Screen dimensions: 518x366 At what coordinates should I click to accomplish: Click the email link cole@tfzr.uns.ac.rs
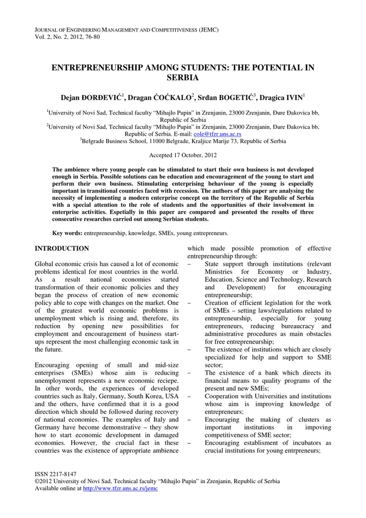(218, 135)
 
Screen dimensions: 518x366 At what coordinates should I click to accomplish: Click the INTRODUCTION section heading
(62, 249)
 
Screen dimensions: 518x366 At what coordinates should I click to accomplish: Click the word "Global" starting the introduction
(45, 265)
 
